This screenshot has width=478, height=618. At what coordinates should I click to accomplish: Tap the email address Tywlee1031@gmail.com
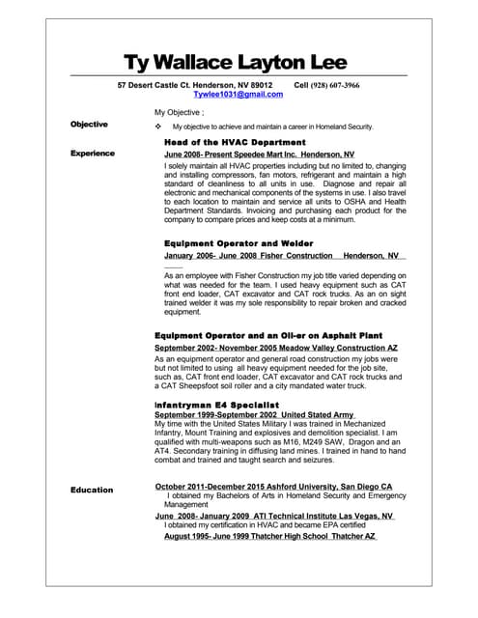pos(238,95)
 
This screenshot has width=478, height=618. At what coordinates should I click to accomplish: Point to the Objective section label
pos(89,126)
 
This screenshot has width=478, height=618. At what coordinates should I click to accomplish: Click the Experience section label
pos(93,154)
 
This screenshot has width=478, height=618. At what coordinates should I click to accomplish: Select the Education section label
pos(92,491)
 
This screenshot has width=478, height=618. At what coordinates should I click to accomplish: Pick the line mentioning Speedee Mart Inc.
pos(259,154)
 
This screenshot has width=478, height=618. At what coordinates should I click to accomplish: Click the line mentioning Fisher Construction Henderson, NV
pos(285,256)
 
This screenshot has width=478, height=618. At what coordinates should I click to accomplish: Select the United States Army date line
pos(250,413)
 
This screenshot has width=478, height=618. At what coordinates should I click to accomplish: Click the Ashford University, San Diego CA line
pos(273,486)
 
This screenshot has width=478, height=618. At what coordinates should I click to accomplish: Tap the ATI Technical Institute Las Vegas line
pos(273,516)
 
